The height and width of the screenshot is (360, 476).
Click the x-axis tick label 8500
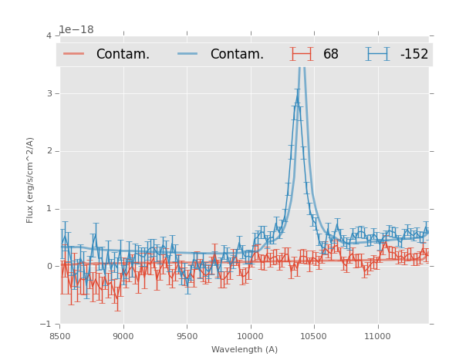(x=60, y=336)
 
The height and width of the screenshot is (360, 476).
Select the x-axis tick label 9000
(x=123, y=336)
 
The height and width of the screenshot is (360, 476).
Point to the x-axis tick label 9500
(x=187, y=336)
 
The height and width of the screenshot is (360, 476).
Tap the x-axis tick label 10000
(x=250, y=336)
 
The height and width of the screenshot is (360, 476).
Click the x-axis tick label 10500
(x=313, y=336)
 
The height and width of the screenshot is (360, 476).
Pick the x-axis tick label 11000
(x=377, y=336)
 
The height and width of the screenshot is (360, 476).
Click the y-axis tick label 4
(x=49, y=35)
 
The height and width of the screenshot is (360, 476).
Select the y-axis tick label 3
(x=49, y=93)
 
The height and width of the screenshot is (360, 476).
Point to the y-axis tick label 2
(x=49, y=151)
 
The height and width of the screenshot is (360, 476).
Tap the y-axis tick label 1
(x=49, y=209)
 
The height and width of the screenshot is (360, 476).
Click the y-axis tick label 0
(x=49, y=267)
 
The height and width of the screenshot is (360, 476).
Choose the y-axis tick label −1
(x=46, y=325)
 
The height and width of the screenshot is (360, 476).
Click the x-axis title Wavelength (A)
(x=245, y=350)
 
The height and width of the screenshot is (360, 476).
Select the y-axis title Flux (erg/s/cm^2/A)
(x=30, y=180)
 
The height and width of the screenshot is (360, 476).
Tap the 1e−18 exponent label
(x=76, y=30)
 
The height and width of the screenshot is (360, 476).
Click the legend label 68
(x=331, y=55)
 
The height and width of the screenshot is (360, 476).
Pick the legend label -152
(x=414, y=55)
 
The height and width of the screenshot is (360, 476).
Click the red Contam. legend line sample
(x=74, y=54)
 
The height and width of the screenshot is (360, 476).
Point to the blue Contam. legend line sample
(x=188, y=54)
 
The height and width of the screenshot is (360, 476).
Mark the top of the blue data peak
(x=297, y=99)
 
